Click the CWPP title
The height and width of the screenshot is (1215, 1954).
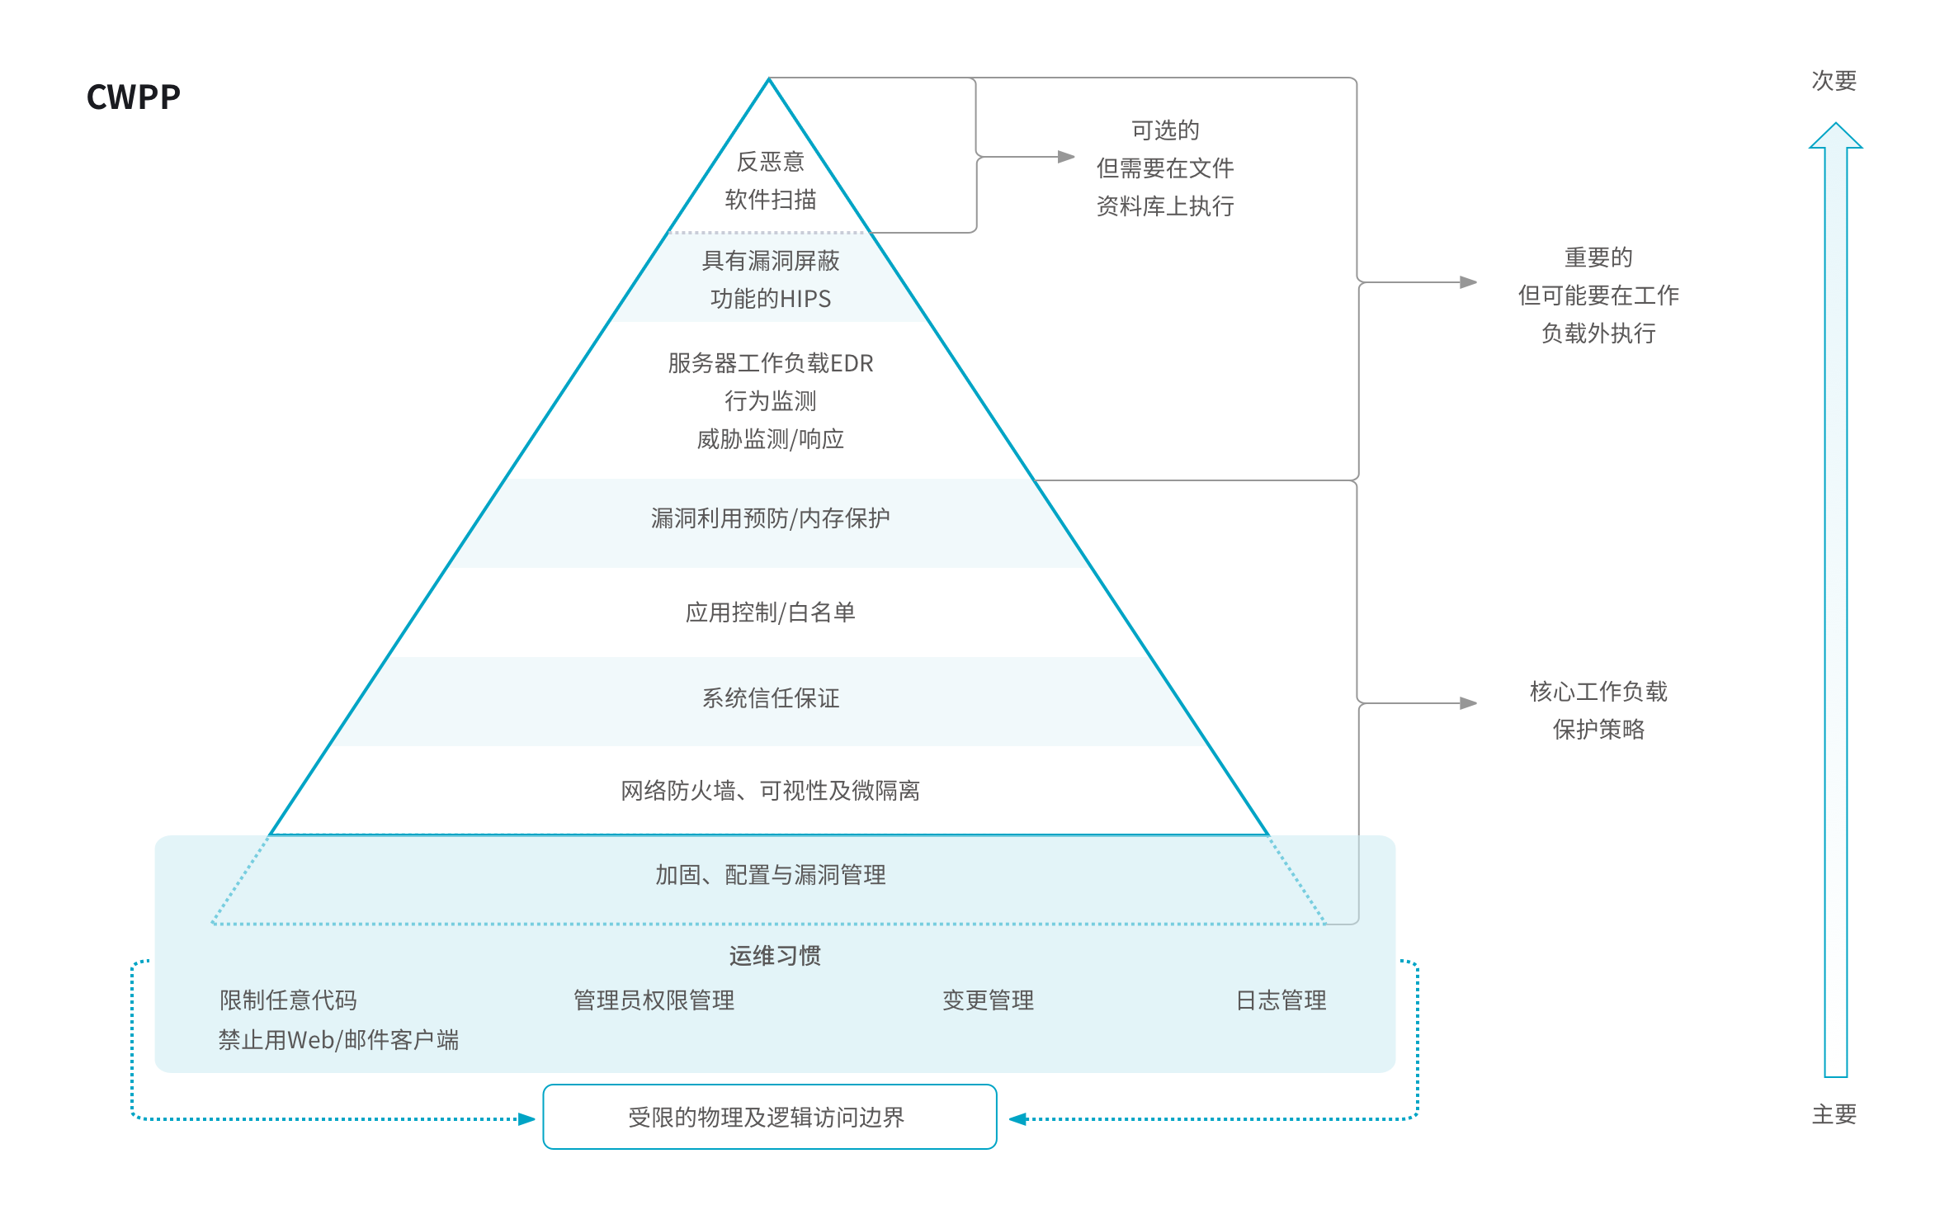pyautogui.click(x=133, y=97)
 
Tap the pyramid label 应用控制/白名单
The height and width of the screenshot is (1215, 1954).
pyautogui.click(x=770, y=612)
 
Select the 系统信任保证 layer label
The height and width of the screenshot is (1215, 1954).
pyautogui.click(x=770, y=698)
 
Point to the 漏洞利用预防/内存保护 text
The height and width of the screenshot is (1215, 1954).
pyautogui.click(x=770, y=518)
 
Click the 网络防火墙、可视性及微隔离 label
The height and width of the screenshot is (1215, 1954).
pyautogui.click(x=770, y=791)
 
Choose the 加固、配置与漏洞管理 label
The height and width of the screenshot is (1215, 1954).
pyautogui.click(x=770, y=875)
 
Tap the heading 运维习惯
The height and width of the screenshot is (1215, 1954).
pyautogui.click(x=774, y=956)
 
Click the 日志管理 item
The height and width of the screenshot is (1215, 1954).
pyautogui.click(x=1281, y=1000)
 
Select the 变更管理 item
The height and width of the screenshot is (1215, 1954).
pyautogui.click(x=988, y=1000)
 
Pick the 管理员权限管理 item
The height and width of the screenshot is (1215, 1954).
pyautogui.click(x=654, y=1000)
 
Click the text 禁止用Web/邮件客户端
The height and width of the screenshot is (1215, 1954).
pyautogui.click(x=338, y=1040)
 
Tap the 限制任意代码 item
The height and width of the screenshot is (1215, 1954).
pyautogui.click(x=288, y=1000)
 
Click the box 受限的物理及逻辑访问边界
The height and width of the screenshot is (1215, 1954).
pyautogui.click(x=769, y=1117)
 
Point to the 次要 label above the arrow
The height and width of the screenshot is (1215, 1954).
pyautogui.click(x=1834, y=81)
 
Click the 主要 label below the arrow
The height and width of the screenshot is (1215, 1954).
pyautogui.click(x=1834, y=1115)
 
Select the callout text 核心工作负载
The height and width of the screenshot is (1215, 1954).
pyautogui.click(x=1598, y=692)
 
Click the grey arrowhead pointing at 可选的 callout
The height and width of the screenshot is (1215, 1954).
pyautogui.click(x=1066, y=157)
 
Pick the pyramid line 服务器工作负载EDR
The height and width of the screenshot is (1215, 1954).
pyautogui.click(x=770, y=363)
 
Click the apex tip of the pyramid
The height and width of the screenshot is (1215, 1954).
pyautogui.click(x=769, y=79)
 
